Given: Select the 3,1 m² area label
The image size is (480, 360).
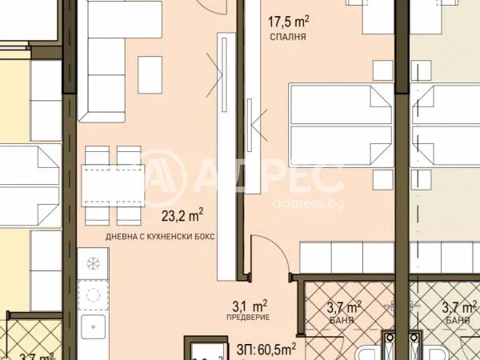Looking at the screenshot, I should tap(250, 305).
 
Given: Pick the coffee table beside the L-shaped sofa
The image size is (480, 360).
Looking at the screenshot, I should tap(150, 74).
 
